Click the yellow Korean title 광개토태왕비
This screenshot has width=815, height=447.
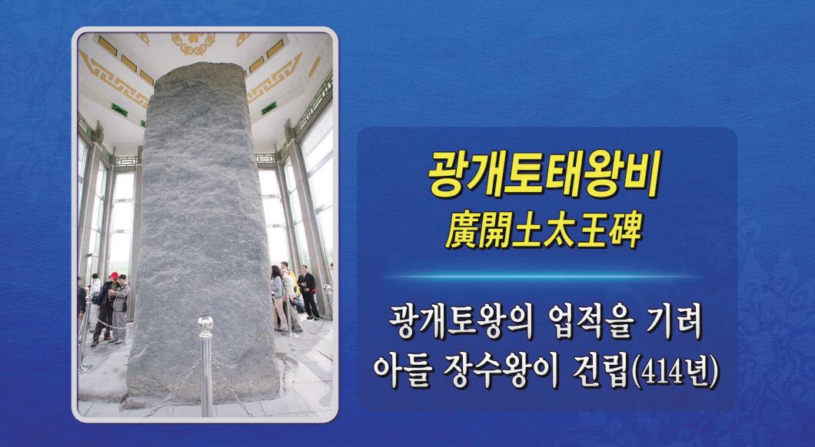pos(544,174)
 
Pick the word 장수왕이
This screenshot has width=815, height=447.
pos(501,371)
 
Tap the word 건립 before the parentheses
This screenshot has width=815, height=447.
pos(600,371)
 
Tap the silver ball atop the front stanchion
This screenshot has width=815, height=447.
pos(206,325)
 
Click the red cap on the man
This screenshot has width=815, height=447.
pos(114,275)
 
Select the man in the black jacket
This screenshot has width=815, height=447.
pos(308,291)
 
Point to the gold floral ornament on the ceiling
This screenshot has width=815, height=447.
pos(193,43)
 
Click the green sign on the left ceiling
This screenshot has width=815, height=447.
pos(119,110)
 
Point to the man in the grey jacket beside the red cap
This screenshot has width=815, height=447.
pos(121,308)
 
